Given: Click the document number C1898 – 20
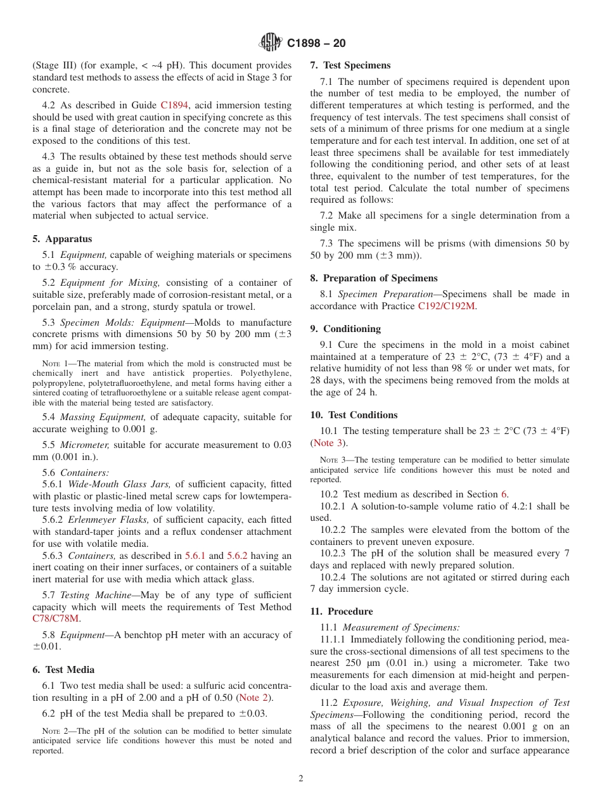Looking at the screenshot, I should (x=316, y=44).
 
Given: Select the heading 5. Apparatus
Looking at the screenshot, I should (x=62, y=239).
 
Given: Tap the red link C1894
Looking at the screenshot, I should (x=174, y=105).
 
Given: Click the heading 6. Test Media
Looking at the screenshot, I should (x=63, y=670).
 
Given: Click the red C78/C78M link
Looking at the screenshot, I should (x=56, y=619).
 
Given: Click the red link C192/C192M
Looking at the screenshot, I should (x=446, y=306).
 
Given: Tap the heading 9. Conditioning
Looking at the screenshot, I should (x=345, y=329).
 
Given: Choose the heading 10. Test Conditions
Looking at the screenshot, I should (x=354, y=415).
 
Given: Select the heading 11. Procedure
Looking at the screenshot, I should (x=342, y=611).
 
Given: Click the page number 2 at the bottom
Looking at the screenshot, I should (x=301, y=779).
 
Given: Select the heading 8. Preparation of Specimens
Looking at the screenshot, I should (x=374, y=278).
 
